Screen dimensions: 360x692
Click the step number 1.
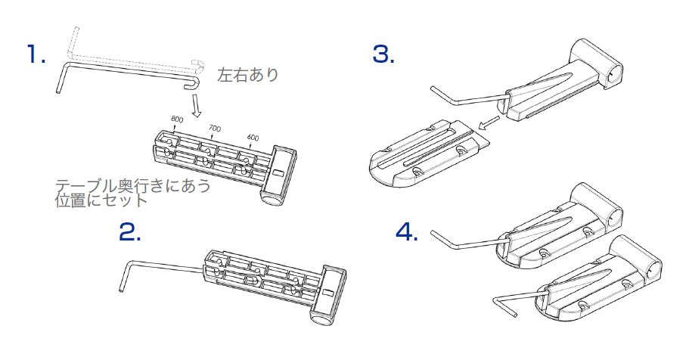(x=36, y=54)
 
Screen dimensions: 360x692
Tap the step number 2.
(x=130, y=232)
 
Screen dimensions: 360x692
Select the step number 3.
(x=383, y=54)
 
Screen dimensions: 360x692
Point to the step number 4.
(x=407, y=232)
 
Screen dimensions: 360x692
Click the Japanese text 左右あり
(x=248, y=75)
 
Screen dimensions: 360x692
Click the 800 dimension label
(x=177, y=119)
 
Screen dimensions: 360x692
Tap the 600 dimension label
(x=253, y=138)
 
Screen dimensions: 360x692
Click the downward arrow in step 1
(x=194, y=104)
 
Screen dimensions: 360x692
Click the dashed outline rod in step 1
(x=129, y=53)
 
